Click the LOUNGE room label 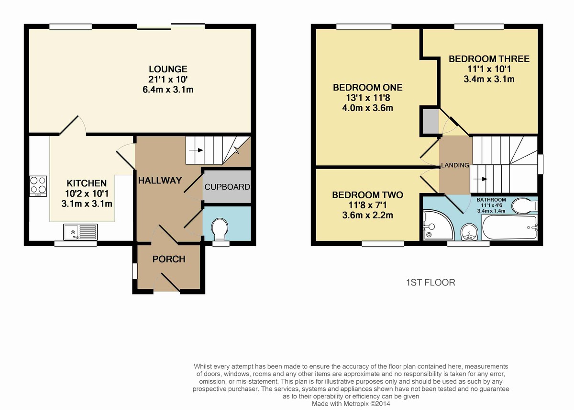tap(168, 69)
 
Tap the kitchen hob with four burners tap(38, 186)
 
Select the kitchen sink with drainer tap(80, 232)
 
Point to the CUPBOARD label tap(227, 187)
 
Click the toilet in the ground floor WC tap(220, 229)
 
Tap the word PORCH tap(168, 259)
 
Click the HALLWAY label tap(160, 181)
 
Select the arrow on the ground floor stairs tap(197, 150)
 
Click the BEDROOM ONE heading tap(367, 88)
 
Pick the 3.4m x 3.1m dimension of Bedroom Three tap(489, 79)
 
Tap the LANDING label tap(455, 166)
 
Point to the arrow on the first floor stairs tap(480, 179)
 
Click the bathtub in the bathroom tap(509, 228)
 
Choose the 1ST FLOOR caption tap(430, 283)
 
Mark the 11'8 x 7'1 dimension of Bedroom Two tap(367, 205)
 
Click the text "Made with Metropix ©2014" tap(351, 404)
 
